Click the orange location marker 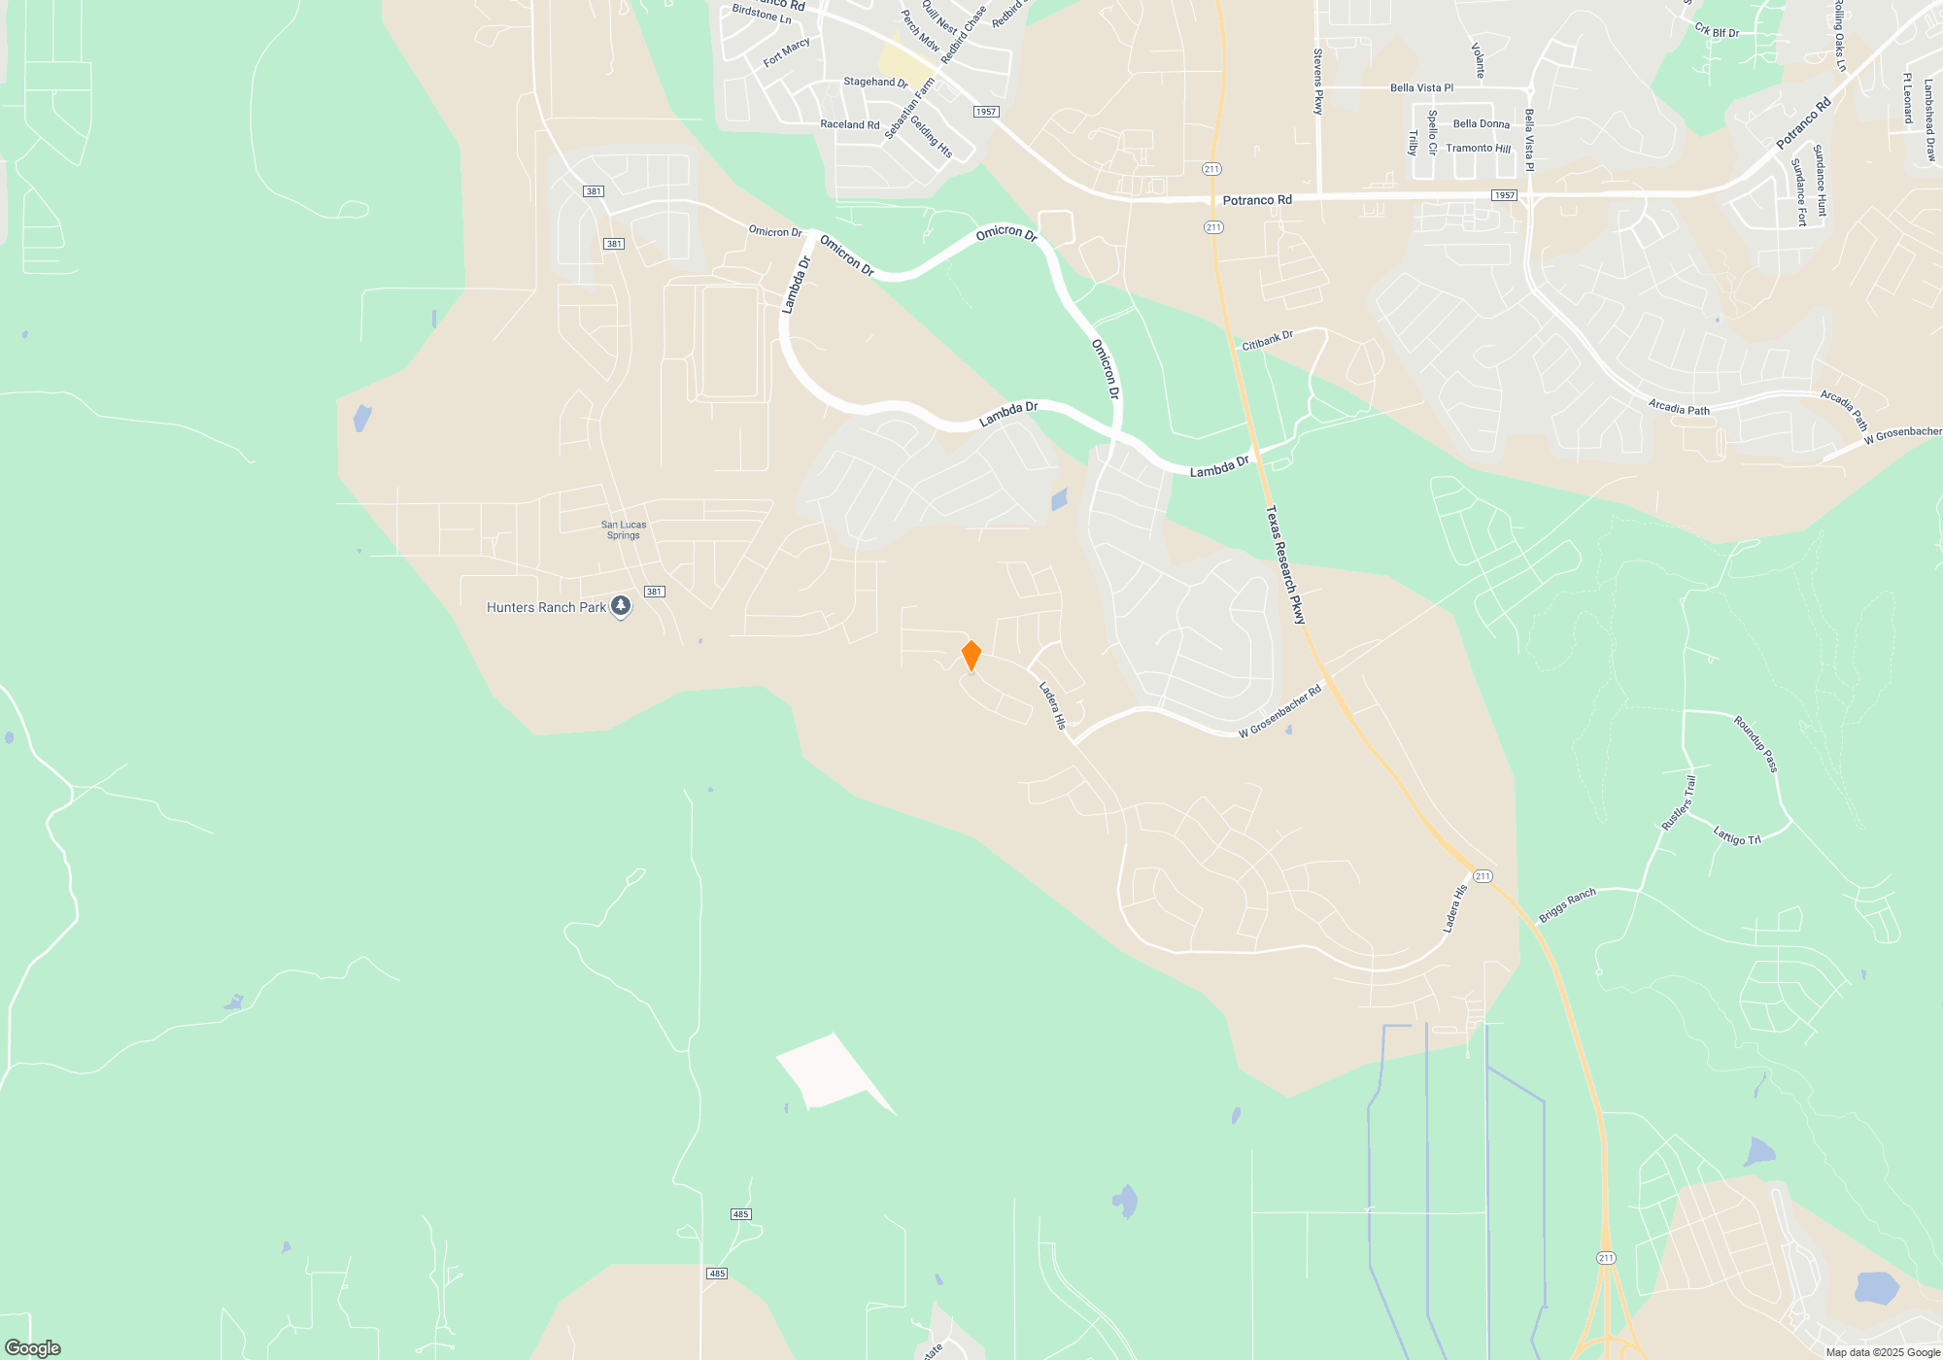pos(971,656)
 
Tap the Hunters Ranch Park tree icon pos(621,607)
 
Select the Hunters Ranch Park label pos(546,608)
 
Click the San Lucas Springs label pos(624,529)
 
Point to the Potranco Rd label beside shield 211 pos(1257,200)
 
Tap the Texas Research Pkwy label pos(1285,564)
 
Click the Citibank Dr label pos(1268,340)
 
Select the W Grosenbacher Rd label pos(1279,712)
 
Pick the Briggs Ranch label pos(1567,905)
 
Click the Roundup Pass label pos(1756,744)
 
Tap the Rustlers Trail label pos(1679,802)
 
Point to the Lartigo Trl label pos(1737,835)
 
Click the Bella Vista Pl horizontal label pos(1421,87)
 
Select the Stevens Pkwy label pos(1318,82)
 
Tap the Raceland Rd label pos(849,124)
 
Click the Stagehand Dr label pos(875,83)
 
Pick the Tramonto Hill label pos(1478,149)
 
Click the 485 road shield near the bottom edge pos(717,1274)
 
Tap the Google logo pos(33,1347)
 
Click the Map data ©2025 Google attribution pos(1883,1352)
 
